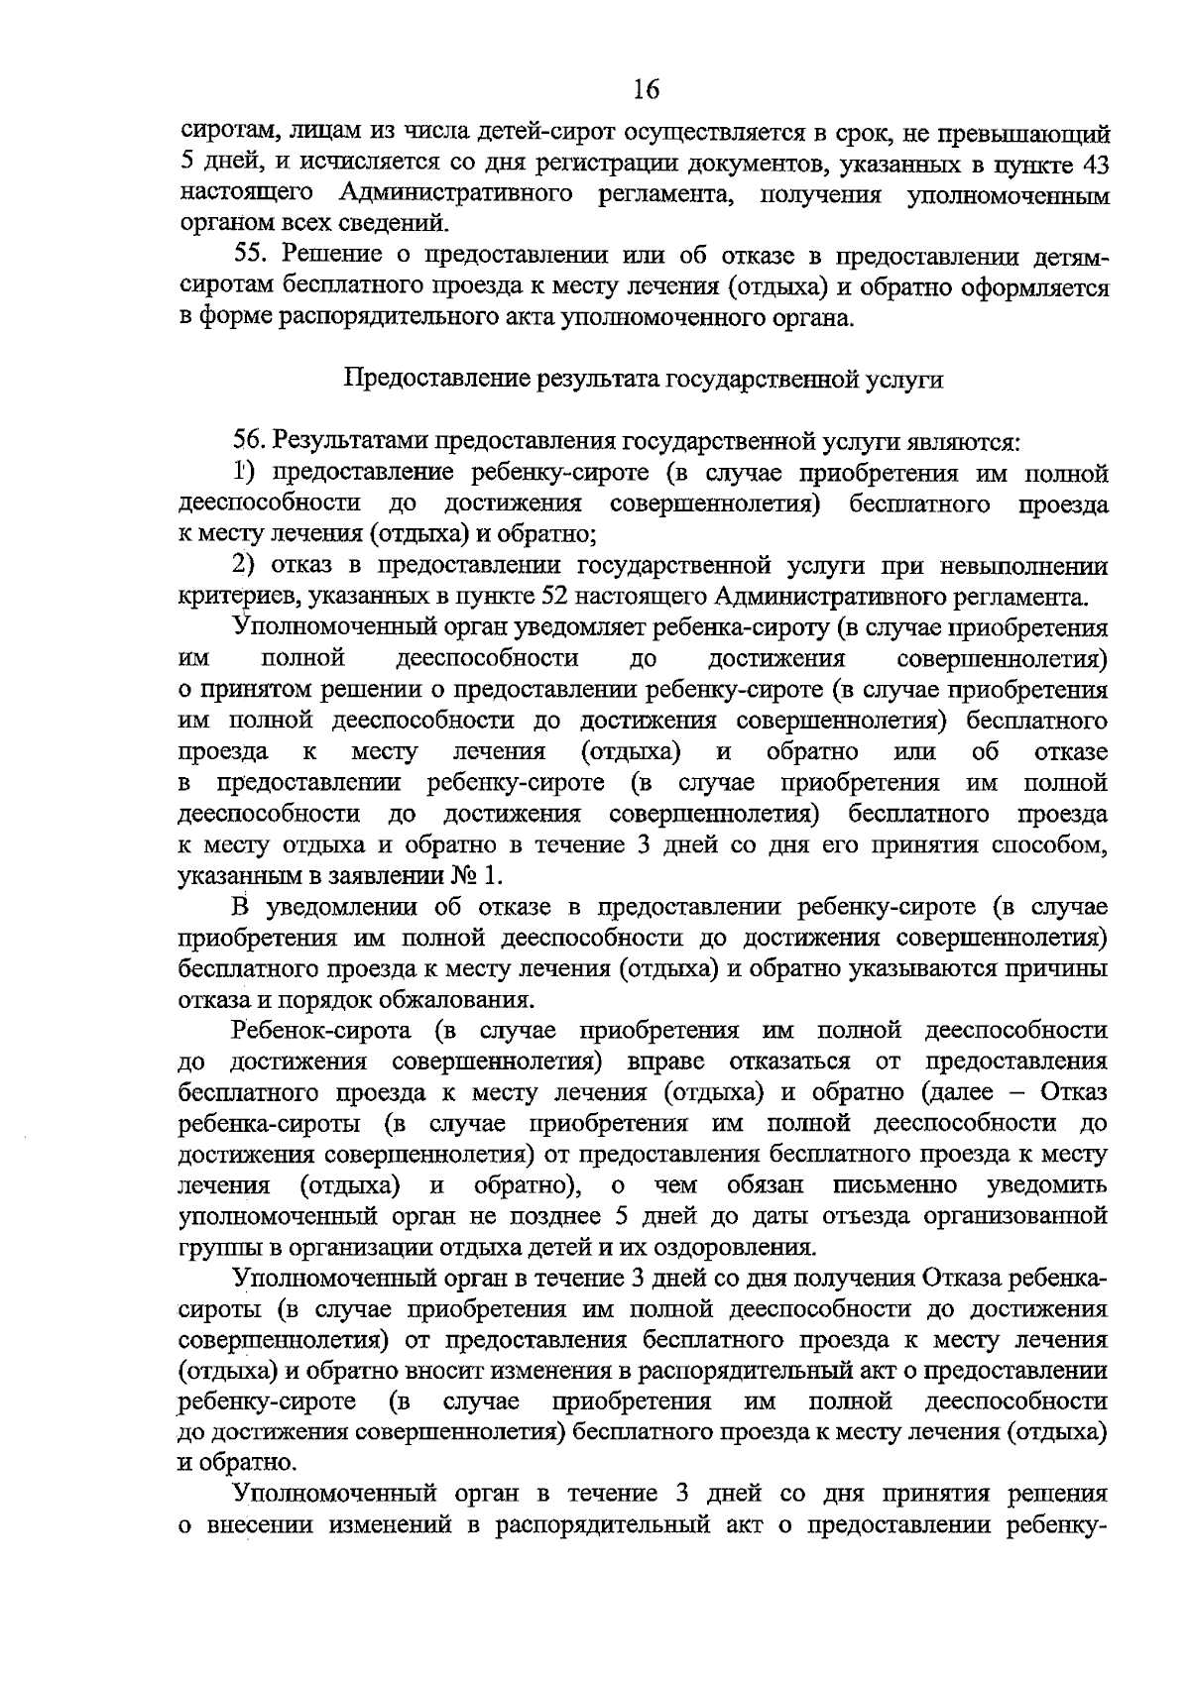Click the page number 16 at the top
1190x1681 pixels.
pyautogui.click(x=645, y=90)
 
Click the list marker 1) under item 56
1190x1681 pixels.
pyautogui.click(x=244, y=472)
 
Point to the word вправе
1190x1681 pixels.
pyautogui.click(x=665, y=1062)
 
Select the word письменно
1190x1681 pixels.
pyautogui.click(x=894, y=1185)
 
